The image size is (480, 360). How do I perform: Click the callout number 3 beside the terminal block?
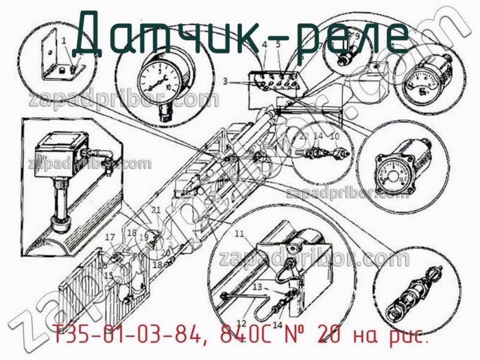point(224,81)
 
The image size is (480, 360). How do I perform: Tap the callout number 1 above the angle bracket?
point(64,40)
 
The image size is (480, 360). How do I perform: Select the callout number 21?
point(156,210)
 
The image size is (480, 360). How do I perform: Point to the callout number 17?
point(110,238)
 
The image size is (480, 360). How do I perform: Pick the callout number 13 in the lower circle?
point(257,287)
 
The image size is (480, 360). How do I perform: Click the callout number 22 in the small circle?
point(304,137)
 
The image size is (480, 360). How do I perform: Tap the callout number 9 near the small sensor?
point(357,36)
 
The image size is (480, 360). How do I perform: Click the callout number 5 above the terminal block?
point(278,44)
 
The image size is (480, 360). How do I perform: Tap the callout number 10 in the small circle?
point(335,137)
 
